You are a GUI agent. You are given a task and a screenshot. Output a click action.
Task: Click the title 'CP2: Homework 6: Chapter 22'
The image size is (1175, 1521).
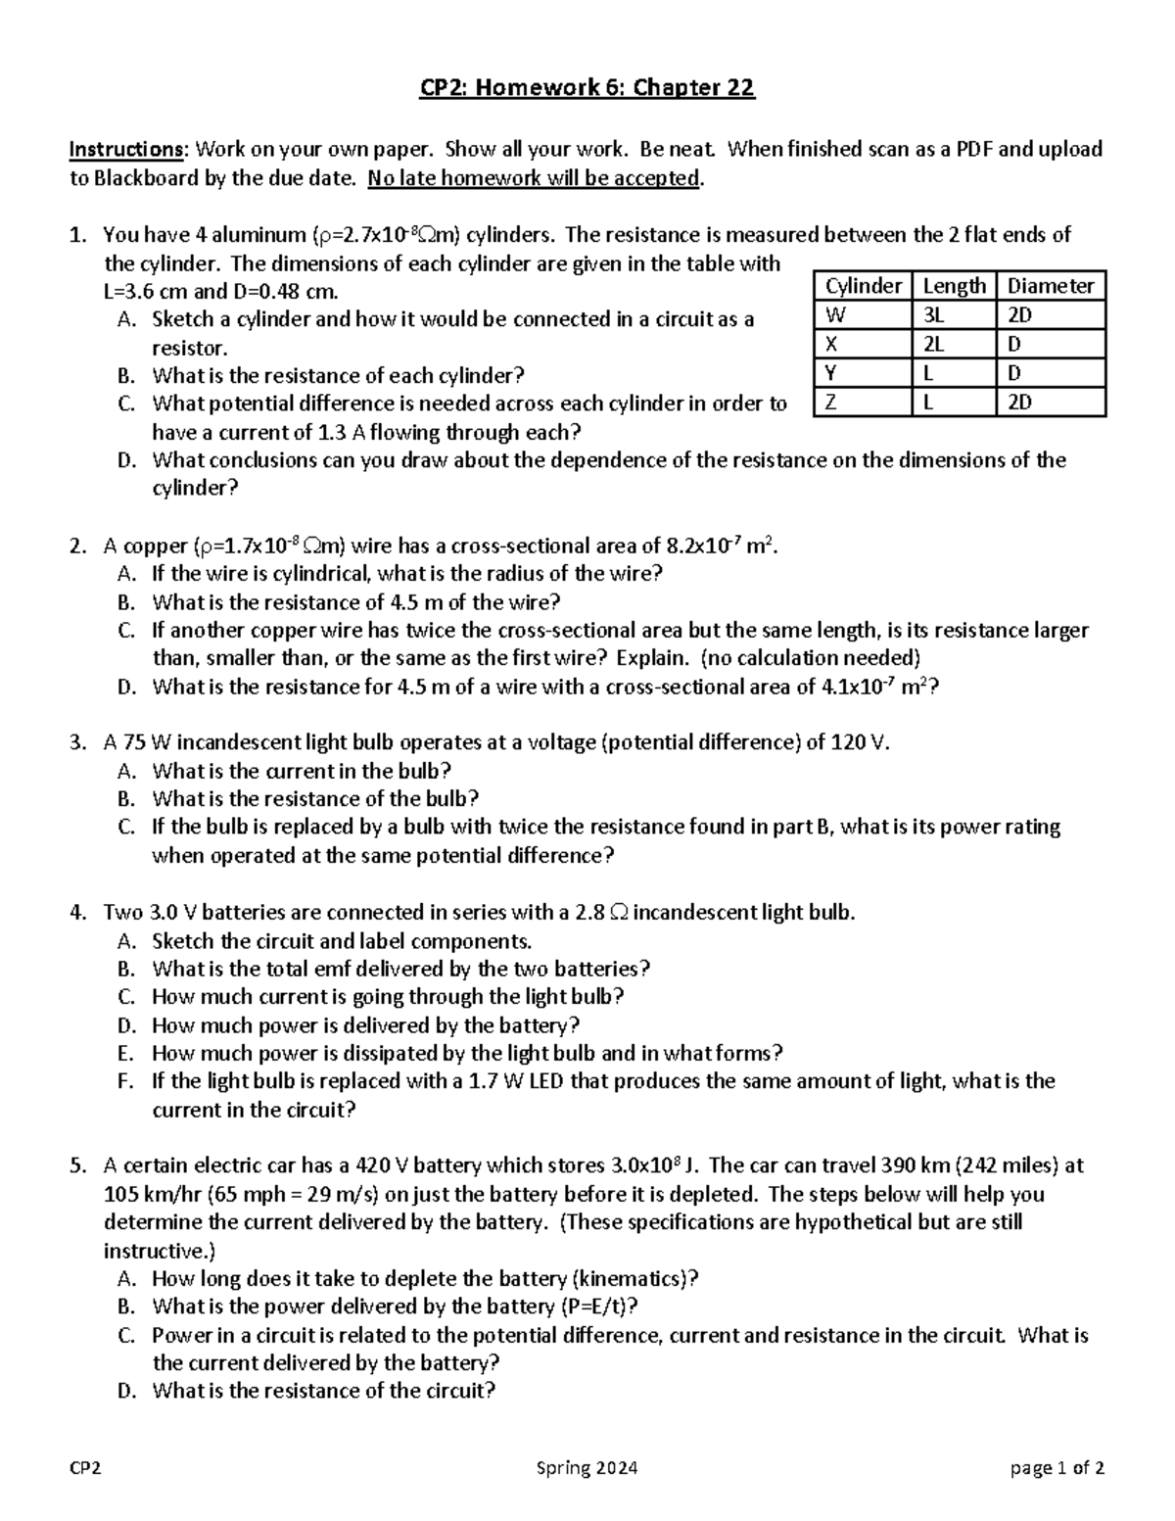(x=587, y=89)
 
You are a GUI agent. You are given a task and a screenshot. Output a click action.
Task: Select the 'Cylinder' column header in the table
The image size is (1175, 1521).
(x=863, y=286)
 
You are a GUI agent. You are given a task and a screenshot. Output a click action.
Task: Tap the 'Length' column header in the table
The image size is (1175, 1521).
(x=955, y=286)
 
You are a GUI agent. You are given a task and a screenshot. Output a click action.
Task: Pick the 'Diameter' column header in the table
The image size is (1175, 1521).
(x=1051, y=286)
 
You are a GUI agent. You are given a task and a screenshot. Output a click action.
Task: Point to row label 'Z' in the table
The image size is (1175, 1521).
(x=831, y=402)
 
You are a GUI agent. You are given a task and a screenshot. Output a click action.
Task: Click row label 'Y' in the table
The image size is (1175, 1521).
(x=831, y=373)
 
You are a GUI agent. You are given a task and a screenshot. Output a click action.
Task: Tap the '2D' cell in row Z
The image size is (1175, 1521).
(x=1020, y=402)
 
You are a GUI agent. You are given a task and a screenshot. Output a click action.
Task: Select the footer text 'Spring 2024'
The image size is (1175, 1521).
(x=587, y=1468)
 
